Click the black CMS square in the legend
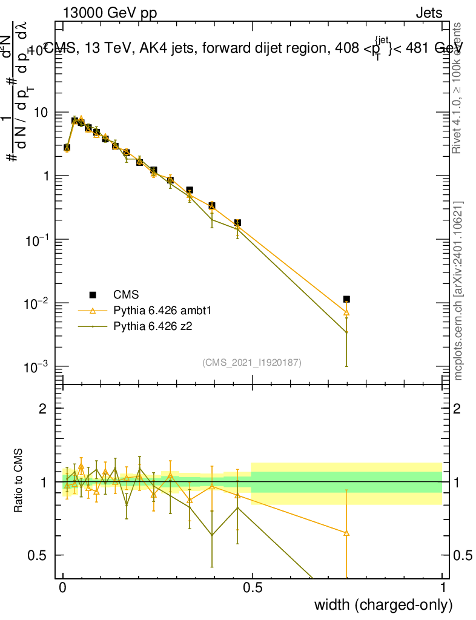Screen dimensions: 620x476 point(93,295)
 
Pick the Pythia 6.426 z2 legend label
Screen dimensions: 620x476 point(157,326)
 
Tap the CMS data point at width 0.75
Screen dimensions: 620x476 point(346,299)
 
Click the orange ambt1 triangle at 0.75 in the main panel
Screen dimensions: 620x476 point(346,312)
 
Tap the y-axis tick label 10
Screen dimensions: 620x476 point(41,113)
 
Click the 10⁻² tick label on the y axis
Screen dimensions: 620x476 point(38,303)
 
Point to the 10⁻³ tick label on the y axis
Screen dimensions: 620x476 point(38,366)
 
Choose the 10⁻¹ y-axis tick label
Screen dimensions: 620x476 point(38,239)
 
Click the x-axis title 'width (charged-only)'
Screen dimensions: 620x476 point(383,605)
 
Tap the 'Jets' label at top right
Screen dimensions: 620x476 point(428,13)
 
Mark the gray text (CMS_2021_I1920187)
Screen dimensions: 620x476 point(252,362)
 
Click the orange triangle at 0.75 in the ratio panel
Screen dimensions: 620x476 point(346,533)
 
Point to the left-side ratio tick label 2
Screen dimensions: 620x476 point(43,408)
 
